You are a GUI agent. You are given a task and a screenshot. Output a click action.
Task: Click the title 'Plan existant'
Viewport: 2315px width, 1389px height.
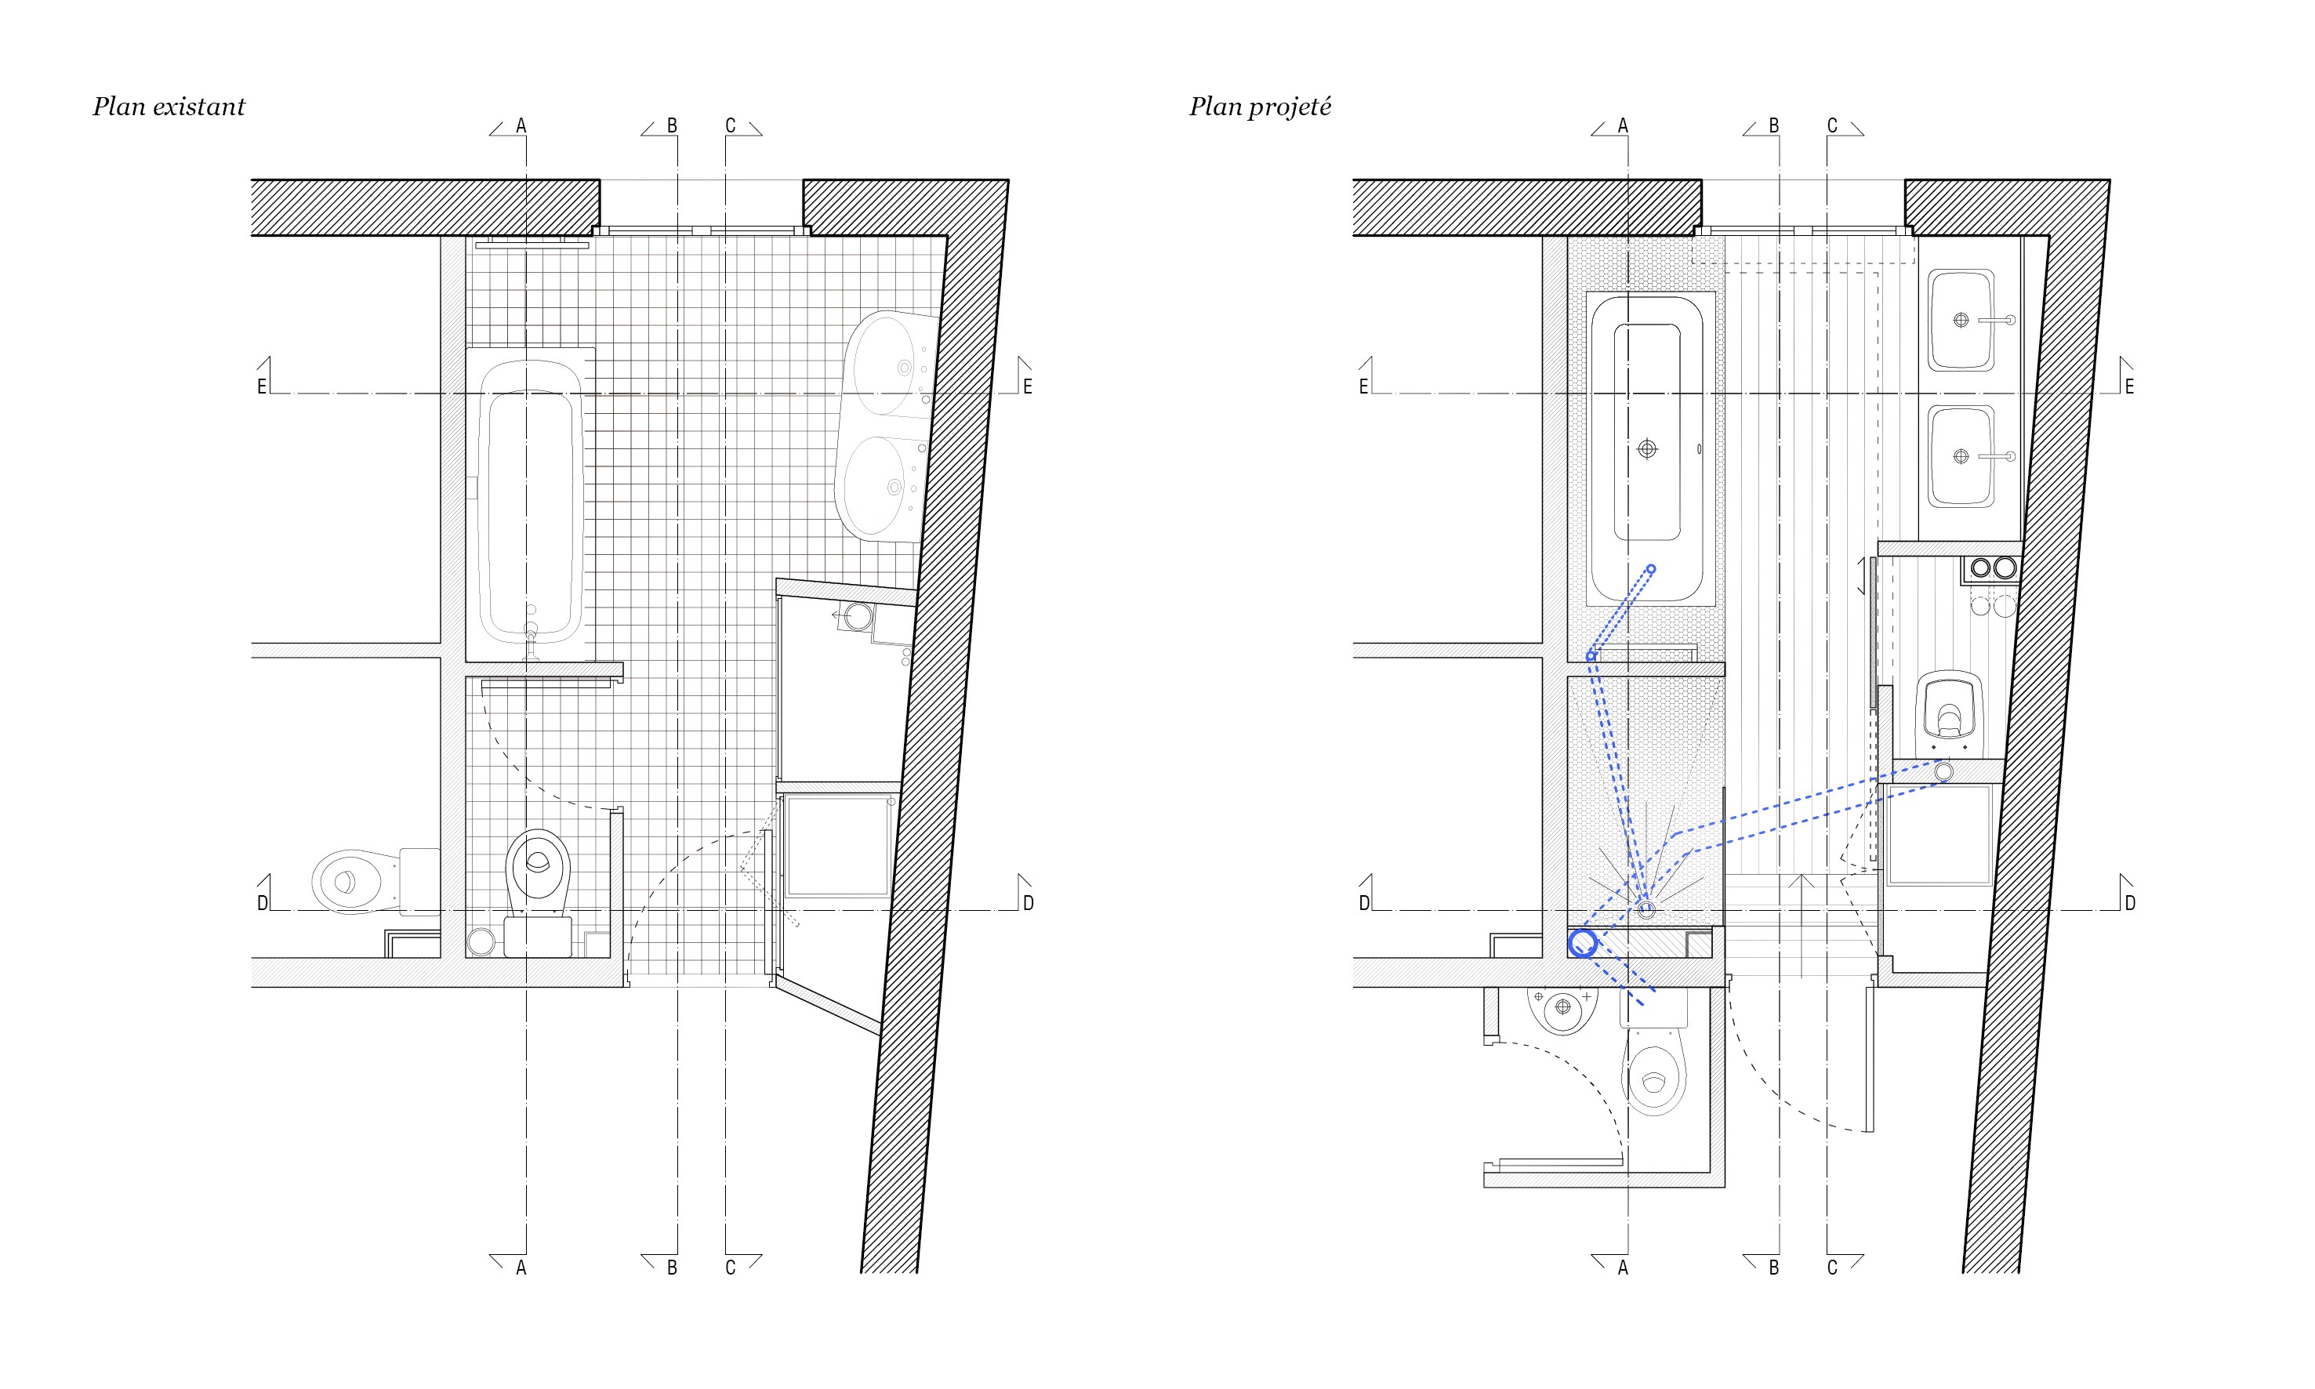pos(169,107)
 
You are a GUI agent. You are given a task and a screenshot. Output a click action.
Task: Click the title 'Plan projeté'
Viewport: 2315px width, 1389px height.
pos(1260,107)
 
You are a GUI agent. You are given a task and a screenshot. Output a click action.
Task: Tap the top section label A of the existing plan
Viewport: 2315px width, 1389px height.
pos(521,125)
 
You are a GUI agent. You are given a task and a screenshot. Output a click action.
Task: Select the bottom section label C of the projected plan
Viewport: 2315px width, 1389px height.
pos(1832,1268)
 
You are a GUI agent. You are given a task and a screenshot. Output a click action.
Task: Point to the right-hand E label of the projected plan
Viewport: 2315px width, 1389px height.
pos(2130,386)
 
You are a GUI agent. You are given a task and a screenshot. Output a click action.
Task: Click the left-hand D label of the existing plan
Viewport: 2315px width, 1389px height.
pos(262,903)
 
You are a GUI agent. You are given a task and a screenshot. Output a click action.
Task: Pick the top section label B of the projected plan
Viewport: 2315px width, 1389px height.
pos(1774,125)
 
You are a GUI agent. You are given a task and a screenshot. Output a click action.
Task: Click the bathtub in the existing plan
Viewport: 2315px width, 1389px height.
pos(531,502)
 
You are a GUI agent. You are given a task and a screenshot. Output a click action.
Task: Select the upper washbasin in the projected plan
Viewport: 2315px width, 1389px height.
pos(1962,320)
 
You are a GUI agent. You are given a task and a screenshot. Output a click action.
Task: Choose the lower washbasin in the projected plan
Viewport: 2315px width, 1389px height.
pos(1962,457)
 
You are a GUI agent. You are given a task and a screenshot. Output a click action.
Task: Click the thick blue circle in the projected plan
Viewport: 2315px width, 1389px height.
pos(1583,942)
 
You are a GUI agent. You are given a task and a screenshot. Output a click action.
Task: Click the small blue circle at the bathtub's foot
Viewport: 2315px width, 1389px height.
pos(1651,569)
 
